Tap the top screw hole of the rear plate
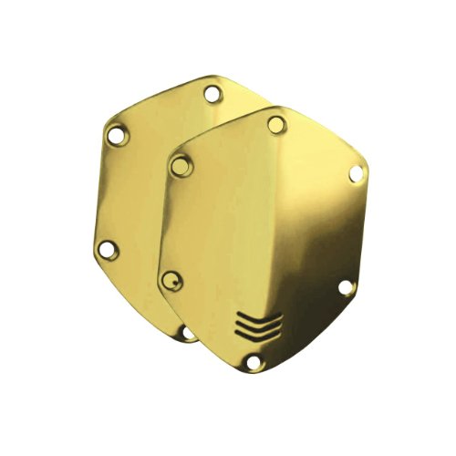pos(212,93)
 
